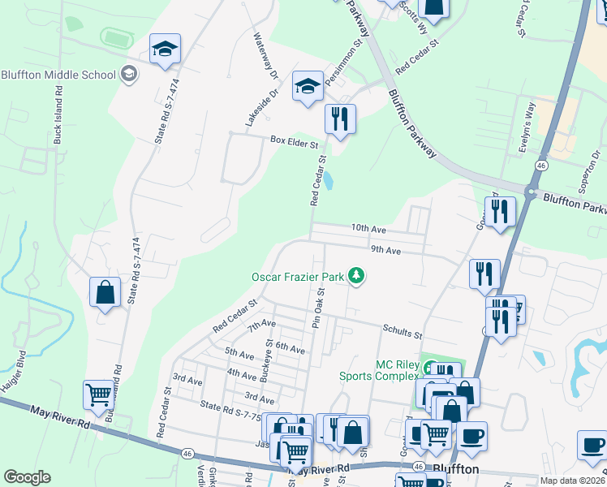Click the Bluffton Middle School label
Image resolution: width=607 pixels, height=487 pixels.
[x=58, y=75]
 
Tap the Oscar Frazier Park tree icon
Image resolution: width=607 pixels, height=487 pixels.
[x=355, y=277]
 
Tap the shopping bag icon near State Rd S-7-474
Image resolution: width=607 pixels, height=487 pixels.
[x=105, y=291]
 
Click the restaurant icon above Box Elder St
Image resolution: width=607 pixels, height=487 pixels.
[x=340, y=119]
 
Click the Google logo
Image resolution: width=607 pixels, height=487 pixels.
[x=28, y=476]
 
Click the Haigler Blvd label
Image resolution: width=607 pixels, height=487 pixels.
[x=14, y=373]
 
